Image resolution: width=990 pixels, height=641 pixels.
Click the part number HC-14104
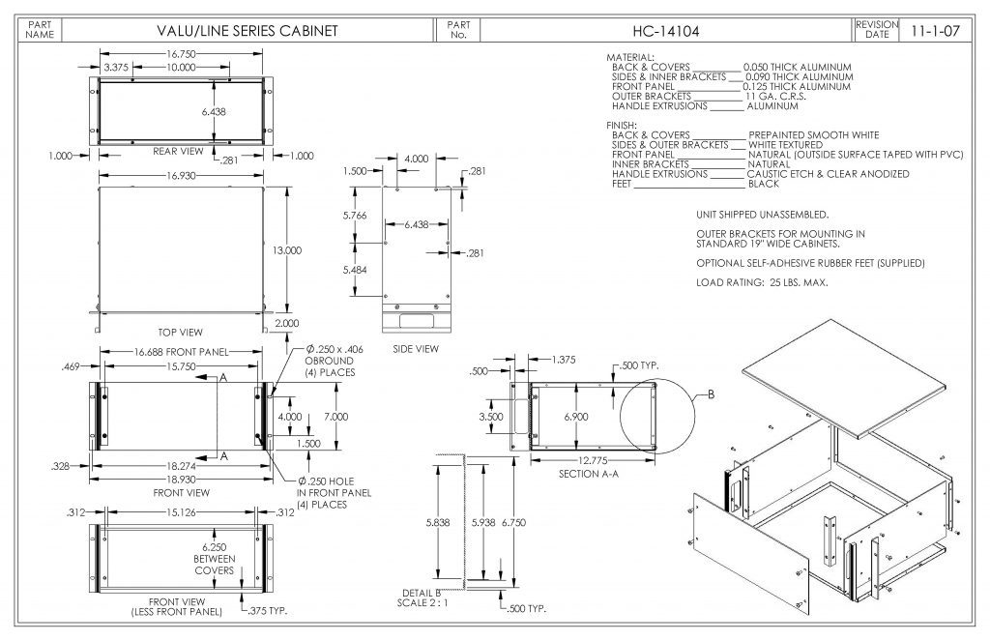pyautogui.click(x=667, y=31)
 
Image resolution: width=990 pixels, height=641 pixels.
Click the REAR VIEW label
pyautogui.click(x=178, y=151)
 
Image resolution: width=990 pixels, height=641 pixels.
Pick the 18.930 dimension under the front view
pyautogui.click(x=181, y=479)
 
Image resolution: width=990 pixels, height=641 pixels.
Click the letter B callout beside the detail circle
pyautogui.click(x=711, y=394)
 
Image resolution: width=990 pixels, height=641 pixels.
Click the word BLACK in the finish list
pyautogui.click(x=764, y=183)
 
